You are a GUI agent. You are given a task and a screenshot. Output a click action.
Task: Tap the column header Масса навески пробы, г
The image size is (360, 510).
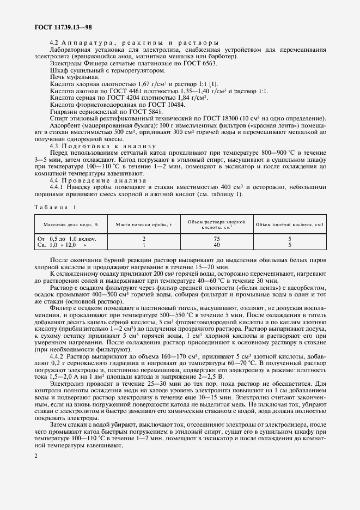click(x=143, y=224)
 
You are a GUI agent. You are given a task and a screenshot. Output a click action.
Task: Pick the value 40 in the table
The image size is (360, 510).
click(x=216, y=245)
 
